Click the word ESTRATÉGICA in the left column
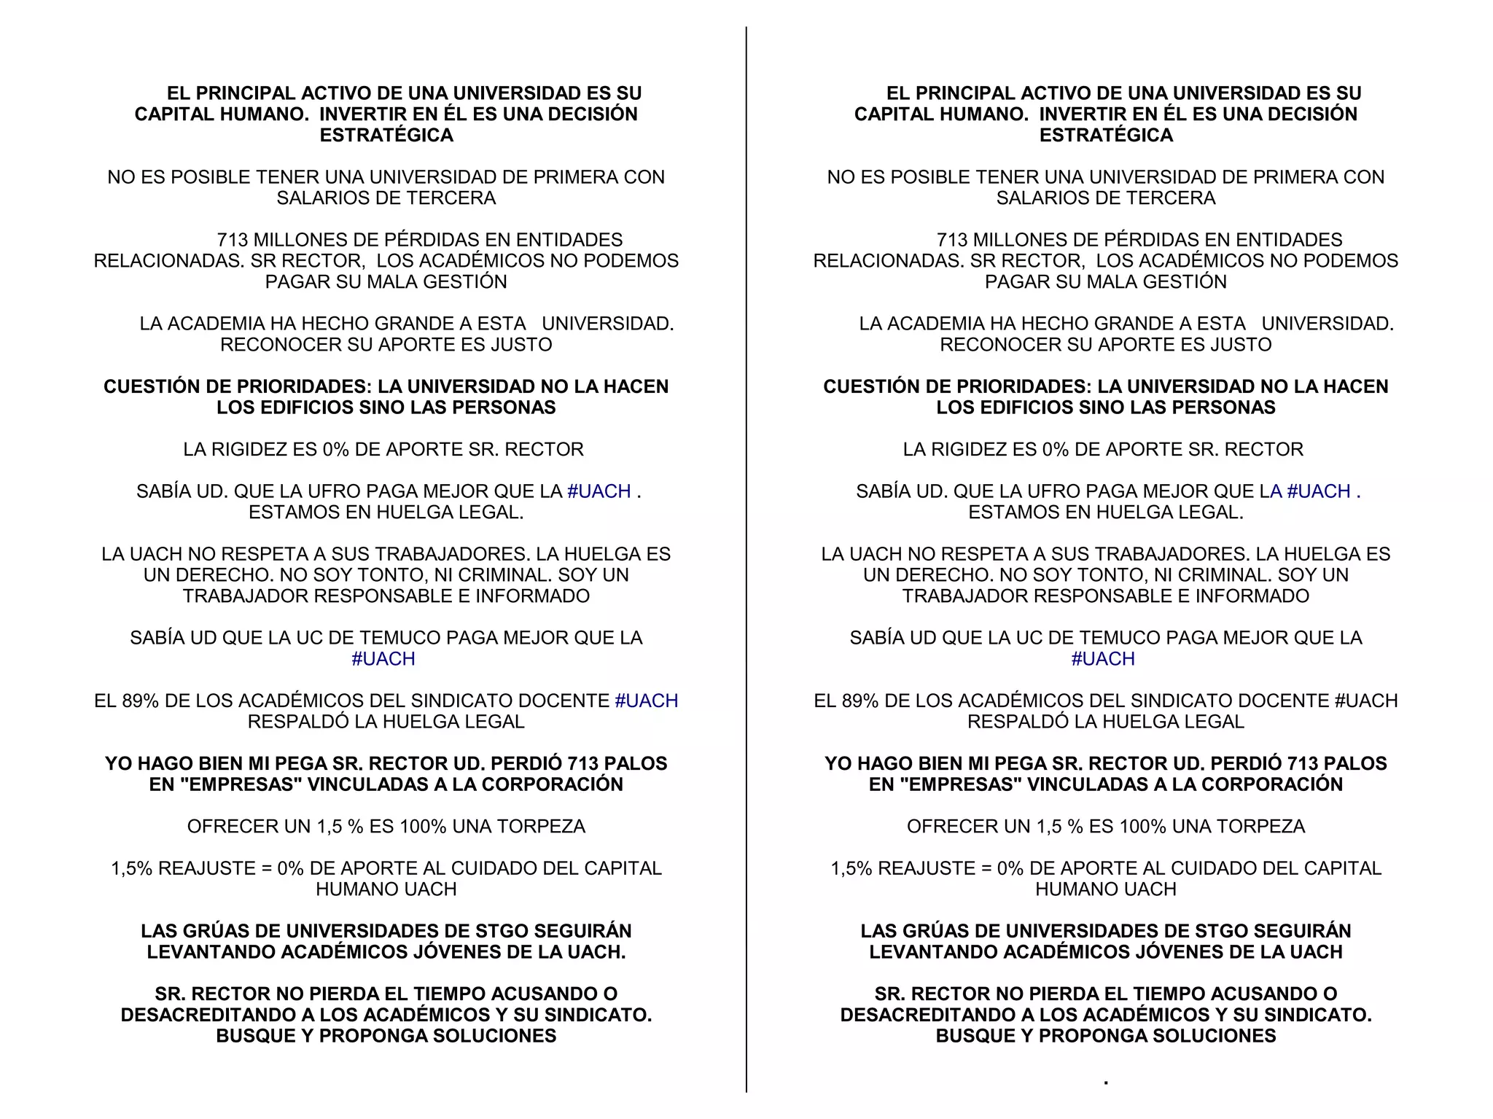[x=386, y=136]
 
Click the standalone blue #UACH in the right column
[x=1103, y=659]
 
